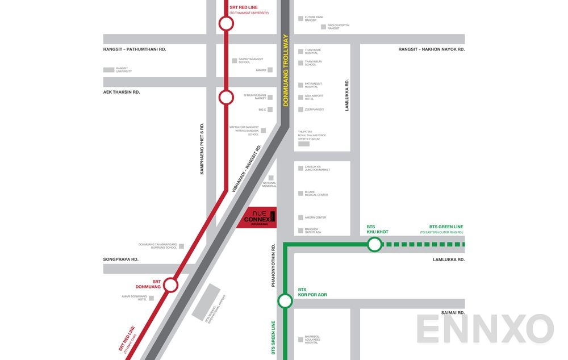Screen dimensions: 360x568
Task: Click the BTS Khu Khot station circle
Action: click(x=374, y=245)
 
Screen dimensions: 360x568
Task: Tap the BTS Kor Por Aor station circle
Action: click(x=285, y=301)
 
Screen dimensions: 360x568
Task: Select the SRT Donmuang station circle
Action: click(x=171, y=285)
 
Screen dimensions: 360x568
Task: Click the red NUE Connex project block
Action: click(x=257, y=217)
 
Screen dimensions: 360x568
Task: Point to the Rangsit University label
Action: click(x=124, y=70)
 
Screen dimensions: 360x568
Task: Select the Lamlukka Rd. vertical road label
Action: click(x=347, y=95)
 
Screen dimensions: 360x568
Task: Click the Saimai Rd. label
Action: click(x=453, y=313)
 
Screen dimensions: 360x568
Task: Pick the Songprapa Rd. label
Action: click(x=120, y=259)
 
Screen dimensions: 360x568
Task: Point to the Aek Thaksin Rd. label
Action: click(x=122, y=92)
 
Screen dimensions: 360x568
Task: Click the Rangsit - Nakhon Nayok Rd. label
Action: click(x=431, y=49)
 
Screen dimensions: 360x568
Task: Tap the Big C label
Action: click(x=262, y=110)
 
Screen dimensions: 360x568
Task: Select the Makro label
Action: click(x=261, y=70)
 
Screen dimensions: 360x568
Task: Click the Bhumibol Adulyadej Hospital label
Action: click(x=314, y=340)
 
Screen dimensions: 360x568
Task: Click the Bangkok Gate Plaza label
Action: click(x=312, y=231)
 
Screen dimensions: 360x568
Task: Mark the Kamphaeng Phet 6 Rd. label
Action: click(x=202, y=149)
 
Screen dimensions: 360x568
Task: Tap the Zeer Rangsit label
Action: click(x=314, y=110)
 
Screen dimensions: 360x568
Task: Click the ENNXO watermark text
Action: click(x=485, y=329)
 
